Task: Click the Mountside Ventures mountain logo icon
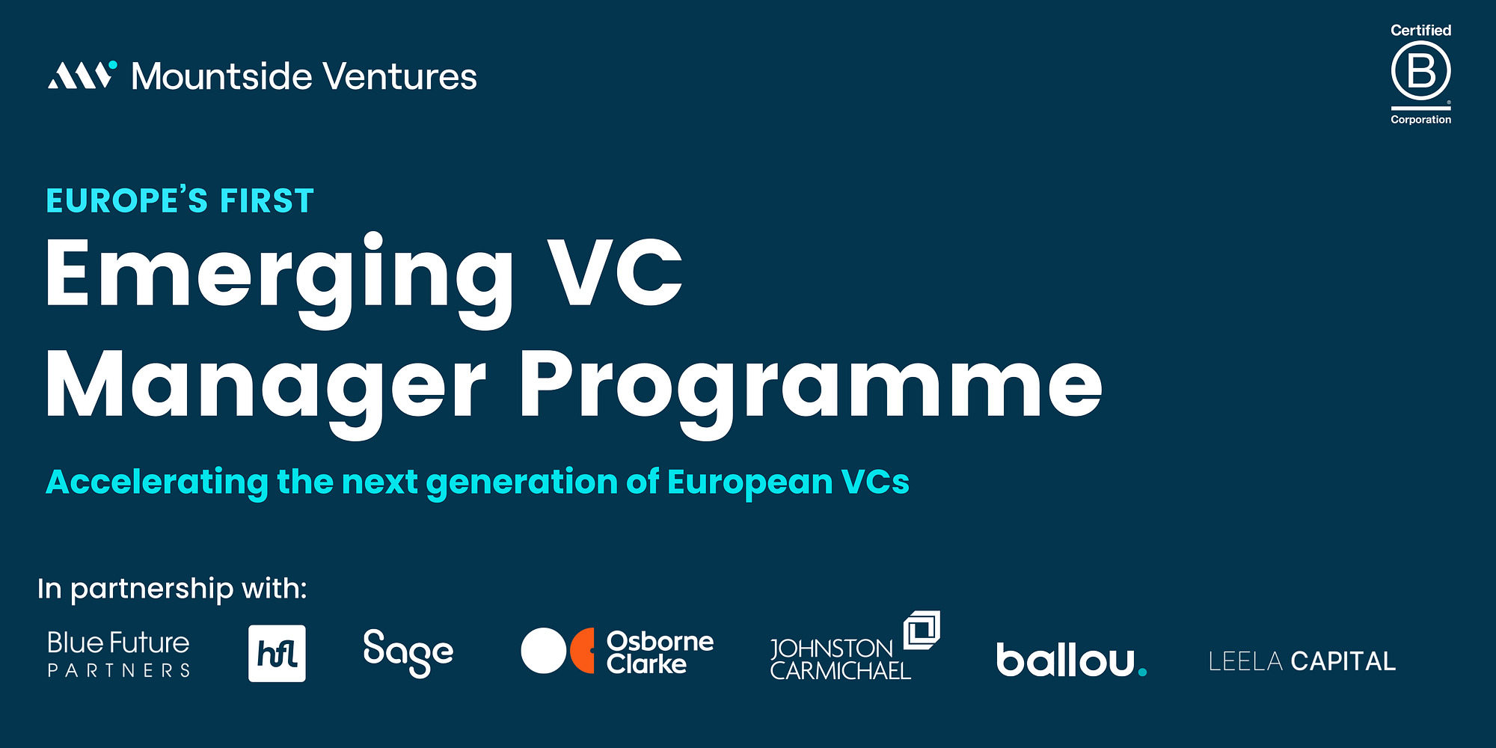82,75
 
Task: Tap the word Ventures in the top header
400,76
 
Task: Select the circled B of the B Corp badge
1420,71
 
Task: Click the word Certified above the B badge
1420,30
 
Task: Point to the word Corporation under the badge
1420,120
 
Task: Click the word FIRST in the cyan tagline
267,201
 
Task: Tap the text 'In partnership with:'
172,589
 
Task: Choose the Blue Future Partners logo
118,654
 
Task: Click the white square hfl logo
277,653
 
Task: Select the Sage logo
408,652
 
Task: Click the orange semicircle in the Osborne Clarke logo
583,650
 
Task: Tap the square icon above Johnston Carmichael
922,631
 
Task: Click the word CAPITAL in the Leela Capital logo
1343,661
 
